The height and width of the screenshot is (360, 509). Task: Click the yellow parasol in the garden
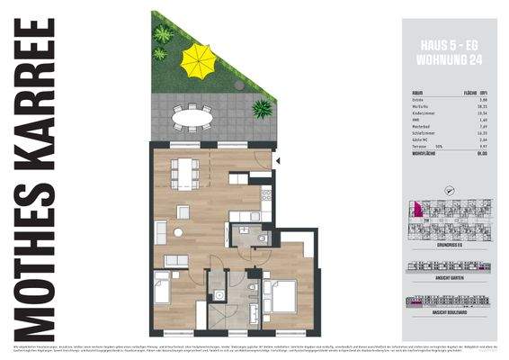tap(198, 60)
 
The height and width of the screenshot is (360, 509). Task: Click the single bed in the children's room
tap(163, 291)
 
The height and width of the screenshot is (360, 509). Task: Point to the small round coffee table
tap(178, 232)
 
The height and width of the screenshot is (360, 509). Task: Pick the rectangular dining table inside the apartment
tap(187, 169)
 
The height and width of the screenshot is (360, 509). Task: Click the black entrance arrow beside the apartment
tap(279, 161)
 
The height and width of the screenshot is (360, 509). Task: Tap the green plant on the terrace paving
tap(262, 109)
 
